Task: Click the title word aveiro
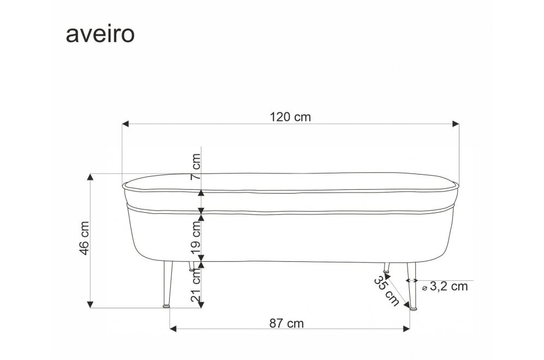(x=100, y=34)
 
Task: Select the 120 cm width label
(x=290, y=117)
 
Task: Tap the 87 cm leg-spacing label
(x=286, y=323)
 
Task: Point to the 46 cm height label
(x=85, y=238)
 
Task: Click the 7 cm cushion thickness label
(x=196, y=166)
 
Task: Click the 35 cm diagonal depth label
(x=386, y=291)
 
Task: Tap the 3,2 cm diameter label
(x=449, y=286)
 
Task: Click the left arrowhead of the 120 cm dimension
(x=125, y=124)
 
